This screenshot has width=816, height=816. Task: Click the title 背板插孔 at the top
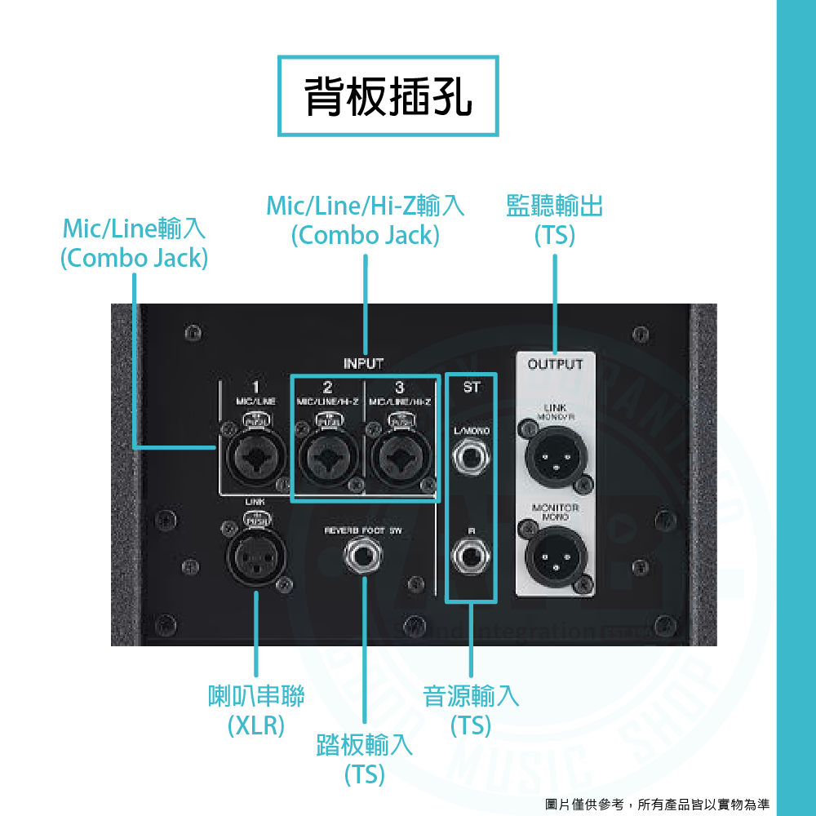[388, 96]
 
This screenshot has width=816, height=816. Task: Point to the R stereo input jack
[471, 559]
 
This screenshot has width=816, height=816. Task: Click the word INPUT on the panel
[363, 363]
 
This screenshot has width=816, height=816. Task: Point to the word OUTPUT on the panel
[556, 364]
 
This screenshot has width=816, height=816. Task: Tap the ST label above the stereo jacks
[471, 388]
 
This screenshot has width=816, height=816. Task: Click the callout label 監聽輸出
[555, 206]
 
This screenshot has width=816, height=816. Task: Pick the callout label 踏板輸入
[364, 744]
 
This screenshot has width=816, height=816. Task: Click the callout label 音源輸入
[471, 696]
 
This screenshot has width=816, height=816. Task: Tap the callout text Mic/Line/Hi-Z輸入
[366, 206]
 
